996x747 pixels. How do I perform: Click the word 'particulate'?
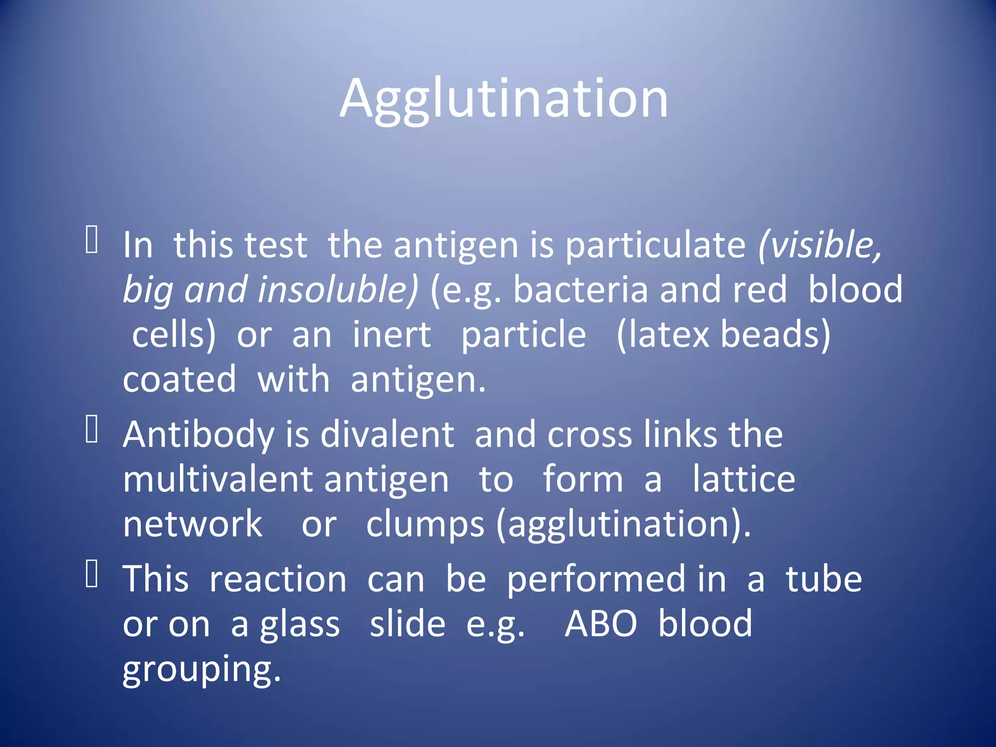click(655, 246)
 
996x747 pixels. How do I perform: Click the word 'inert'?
click(391, 335)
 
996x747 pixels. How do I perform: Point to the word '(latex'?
click(662, 335)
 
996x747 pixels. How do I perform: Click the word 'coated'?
click(179, 379)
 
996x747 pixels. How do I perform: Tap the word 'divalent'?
click(387, 434)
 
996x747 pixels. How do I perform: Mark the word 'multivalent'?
click(217, 480)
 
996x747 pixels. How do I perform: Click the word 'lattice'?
click(744, 480)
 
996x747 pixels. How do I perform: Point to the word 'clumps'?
click(425, 525)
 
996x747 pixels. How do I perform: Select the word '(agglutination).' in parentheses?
click(623, 525)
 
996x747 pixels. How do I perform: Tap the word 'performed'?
click(596, 580)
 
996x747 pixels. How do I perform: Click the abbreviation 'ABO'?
click(601, 624)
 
